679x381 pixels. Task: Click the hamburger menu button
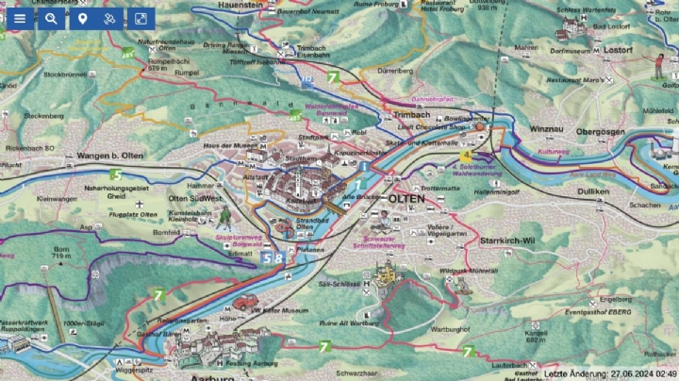click(19, 18)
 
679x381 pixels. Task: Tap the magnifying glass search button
click(51, 18)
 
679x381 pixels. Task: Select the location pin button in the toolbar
click(82, 18)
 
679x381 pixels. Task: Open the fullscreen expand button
click(140, 18)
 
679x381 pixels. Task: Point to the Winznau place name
click(547, 128)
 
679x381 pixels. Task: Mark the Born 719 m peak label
click(61, 252)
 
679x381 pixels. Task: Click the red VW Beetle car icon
click(247, 302)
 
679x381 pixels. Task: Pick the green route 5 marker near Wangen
click(116, 174)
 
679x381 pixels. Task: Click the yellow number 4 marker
click(466, 155)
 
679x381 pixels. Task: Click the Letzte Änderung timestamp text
click(610, 373)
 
